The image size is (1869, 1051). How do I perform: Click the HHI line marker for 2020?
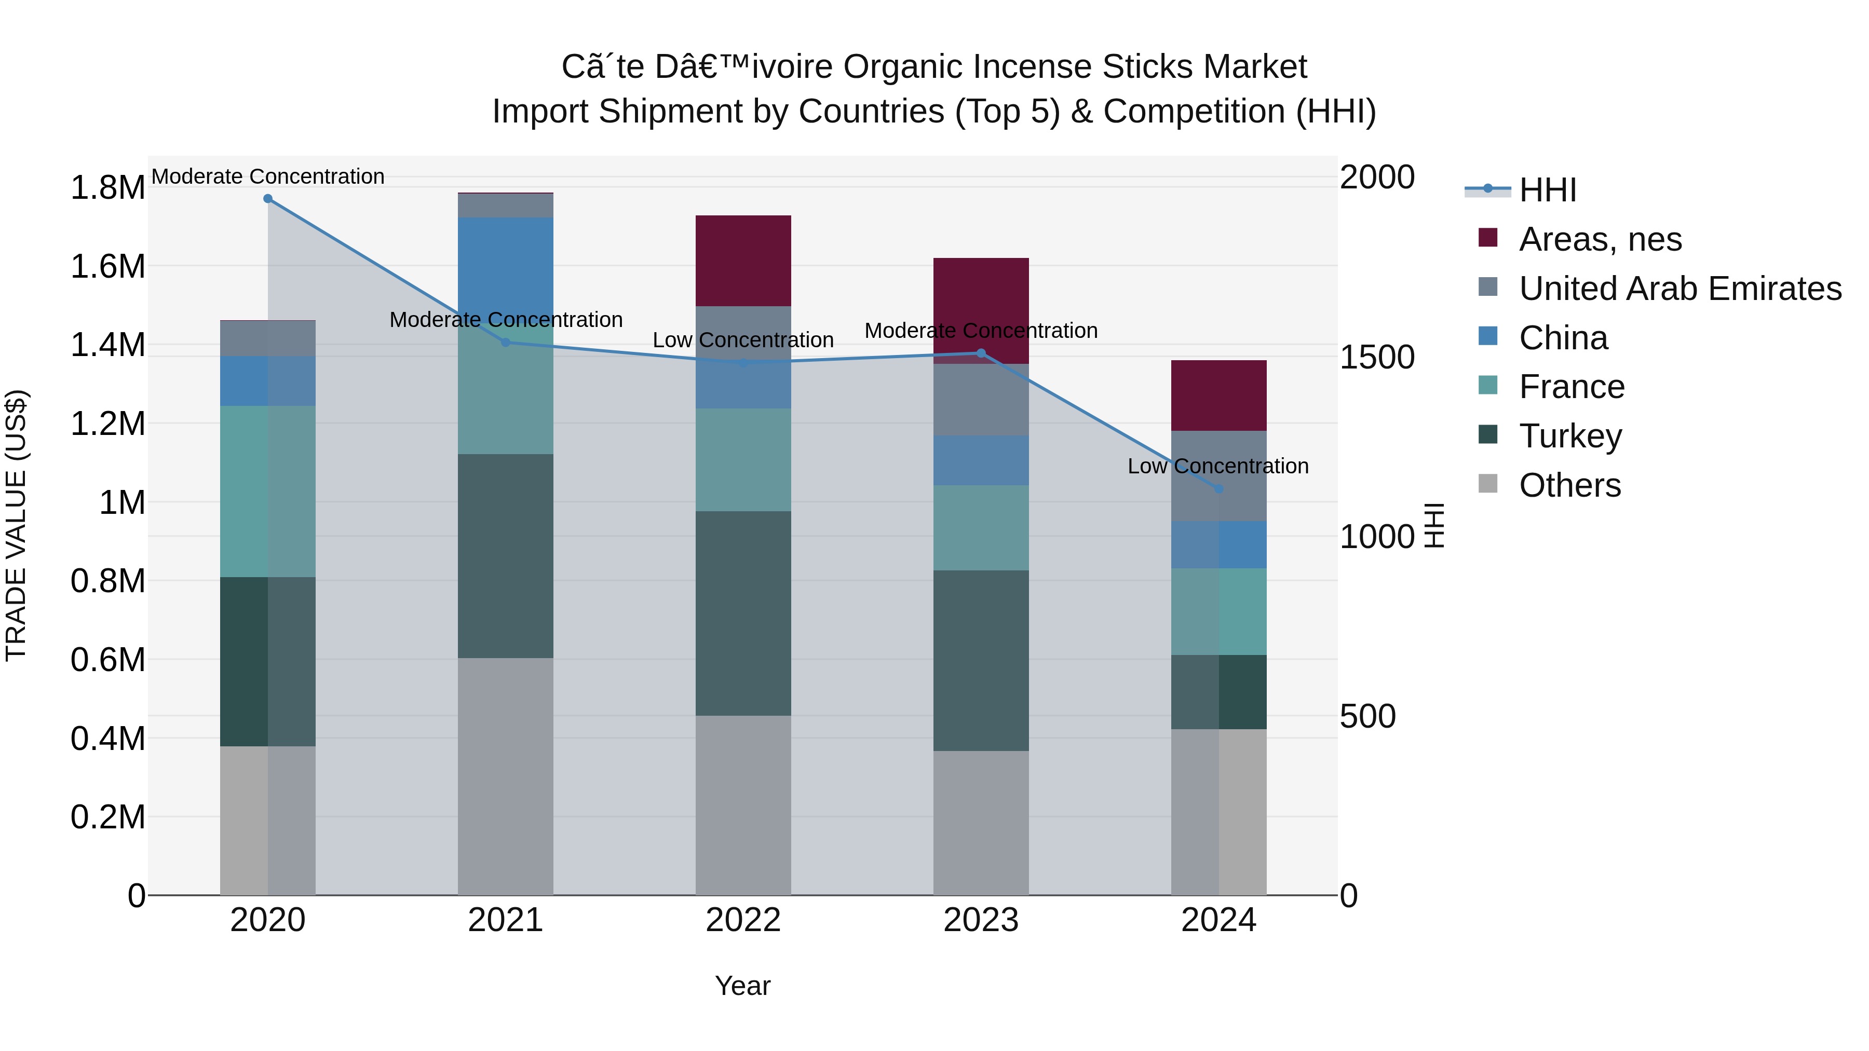[268, 199]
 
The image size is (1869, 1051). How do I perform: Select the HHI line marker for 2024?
[1218, 489]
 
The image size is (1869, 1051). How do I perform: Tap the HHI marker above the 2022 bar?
[743, 363]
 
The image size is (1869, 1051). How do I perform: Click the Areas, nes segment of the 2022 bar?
[743, 261]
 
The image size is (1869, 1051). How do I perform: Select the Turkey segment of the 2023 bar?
[980, 660]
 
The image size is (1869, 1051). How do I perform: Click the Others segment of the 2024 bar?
[1218, 812]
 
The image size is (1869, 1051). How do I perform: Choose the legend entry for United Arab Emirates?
[1679, 289]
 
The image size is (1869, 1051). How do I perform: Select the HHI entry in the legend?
[1547, 190]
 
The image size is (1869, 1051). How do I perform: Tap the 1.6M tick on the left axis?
[107, 266]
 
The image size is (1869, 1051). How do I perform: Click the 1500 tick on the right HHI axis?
[1376, 357]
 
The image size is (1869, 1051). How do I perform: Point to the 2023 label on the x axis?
[980, 920]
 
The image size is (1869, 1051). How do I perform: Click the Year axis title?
[742, 986]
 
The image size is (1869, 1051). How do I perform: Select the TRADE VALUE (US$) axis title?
[17, 525]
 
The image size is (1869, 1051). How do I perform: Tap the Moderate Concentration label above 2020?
[268, 176]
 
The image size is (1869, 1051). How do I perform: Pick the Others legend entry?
[1569, 485]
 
